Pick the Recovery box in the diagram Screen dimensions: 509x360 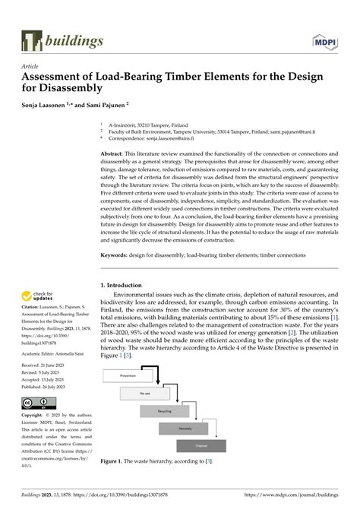point(206,428)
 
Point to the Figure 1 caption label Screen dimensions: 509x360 point(118,461)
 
